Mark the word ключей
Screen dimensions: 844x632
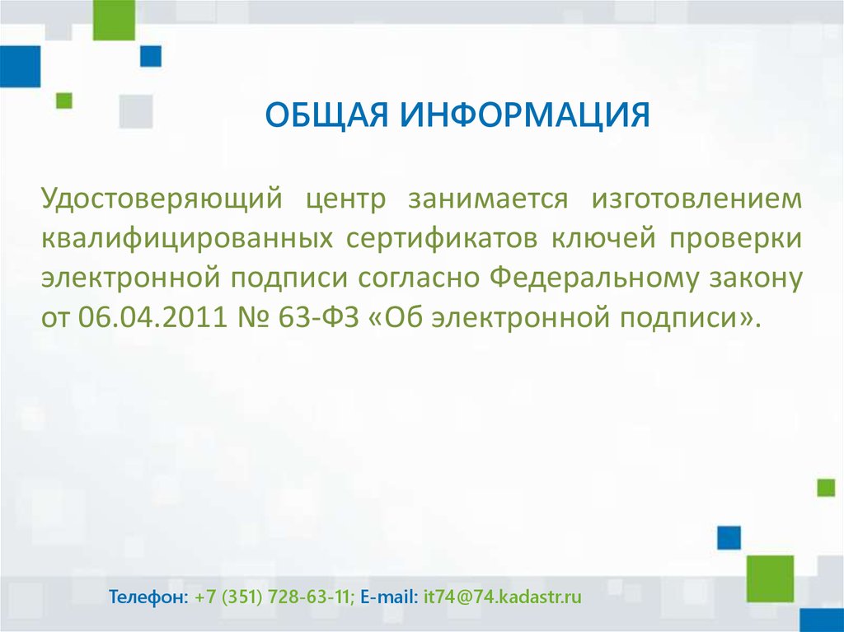[x=603, y=237]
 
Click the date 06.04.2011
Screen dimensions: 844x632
[x=152, y=317]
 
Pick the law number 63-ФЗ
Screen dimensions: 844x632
[x=318, y=317]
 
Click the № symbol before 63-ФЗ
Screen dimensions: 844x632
[x=252, y=317]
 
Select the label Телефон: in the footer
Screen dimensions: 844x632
[x=148, y=597]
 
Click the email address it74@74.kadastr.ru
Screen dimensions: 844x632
[x=503, y=597]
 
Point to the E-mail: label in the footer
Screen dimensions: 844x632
[x=389, y=597]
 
